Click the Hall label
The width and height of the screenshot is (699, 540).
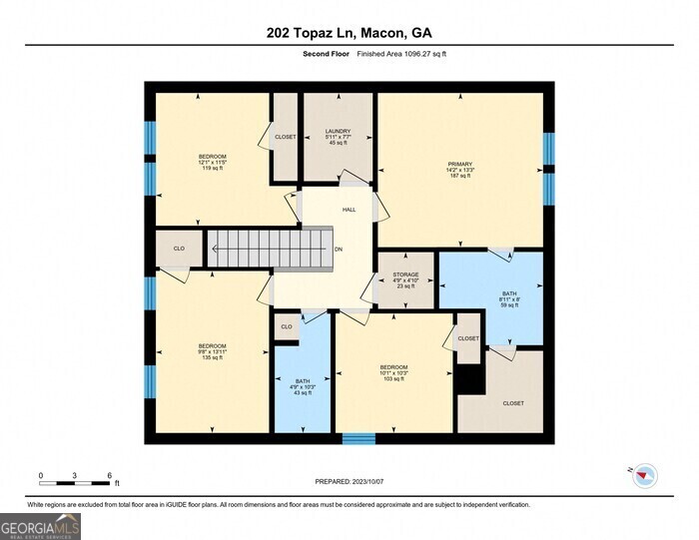pyautogui.click(x=349, y=210)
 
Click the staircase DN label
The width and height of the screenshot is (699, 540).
pyautogui.click(x=340, y=250)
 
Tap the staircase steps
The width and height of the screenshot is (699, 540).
pyautogui.click(x=270, y=249)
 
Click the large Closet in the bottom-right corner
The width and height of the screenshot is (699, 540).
pyautogui.click(x=513, y=402)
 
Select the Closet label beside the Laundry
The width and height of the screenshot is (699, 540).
pyautogui.click(x=286, y=137)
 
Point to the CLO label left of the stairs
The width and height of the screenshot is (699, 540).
pyautogui.click(x=179, y=249)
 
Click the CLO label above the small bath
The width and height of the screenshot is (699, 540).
pyautogui.click(x=287, y=326)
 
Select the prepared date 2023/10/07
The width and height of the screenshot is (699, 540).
pyautogui.click(x=349, y=480)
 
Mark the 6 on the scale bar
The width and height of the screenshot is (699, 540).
pyautogui.click(x=109, y=475)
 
